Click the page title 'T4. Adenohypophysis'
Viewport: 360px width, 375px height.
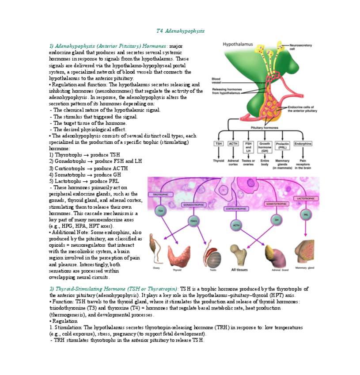coord(180,31)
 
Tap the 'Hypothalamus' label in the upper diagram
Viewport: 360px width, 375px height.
coord(238,44)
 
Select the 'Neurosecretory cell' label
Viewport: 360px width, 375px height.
coord(300,47)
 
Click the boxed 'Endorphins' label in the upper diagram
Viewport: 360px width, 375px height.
coord(303,144)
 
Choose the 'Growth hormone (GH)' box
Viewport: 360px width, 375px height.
coord(265,147)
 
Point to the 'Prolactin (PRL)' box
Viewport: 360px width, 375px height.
coord(282,145)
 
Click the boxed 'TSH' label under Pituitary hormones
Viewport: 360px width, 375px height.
coord(219,144)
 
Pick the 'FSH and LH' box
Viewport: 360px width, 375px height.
coord(248,147)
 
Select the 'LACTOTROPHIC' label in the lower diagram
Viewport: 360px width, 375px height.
coord(305,199)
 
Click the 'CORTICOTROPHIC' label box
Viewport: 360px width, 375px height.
coord(236,208)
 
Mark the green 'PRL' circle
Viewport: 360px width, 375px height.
coord(306,214)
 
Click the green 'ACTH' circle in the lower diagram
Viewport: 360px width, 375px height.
coord(236,225)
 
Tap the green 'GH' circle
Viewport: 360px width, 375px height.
coord(277,219)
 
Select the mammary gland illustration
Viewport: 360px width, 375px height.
coord(304,253)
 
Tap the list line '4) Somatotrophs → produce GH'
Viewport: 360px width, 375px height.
coord(85,175)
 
